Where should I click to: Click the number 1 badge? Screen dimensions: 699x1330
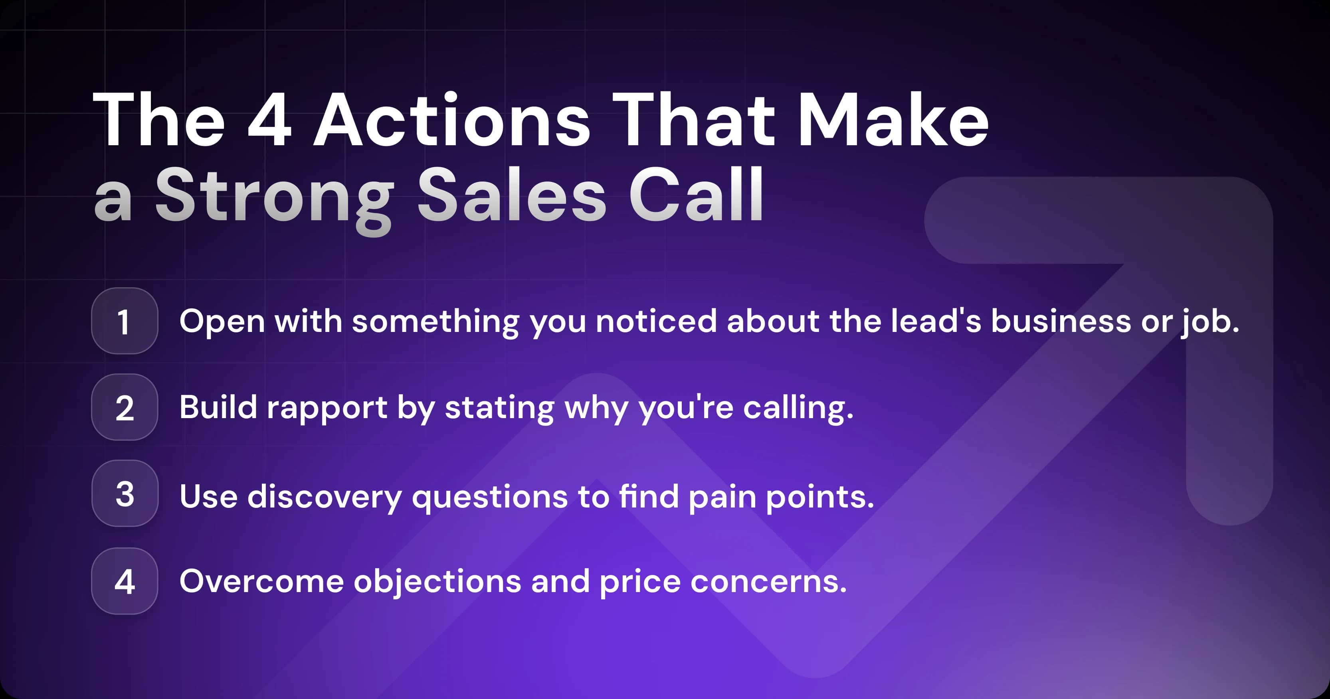click(125, 321)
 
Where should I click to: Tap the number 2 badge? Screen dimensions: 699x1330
click(125, 407)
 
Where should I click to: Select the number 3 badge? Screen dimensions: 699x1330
click(125, 494)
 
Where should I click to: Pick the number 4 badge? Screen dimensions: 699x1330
click(125, 581)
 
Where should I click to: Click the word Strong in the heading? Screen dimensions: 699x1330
click(274, 196)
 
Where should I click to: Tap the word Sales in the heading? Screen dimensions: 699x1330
click(511, 196)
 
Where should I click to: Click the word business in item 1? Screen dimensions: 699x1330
click(1061, 321)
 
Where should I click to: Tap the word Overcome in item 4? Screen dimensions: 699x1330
click(261, 581)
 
